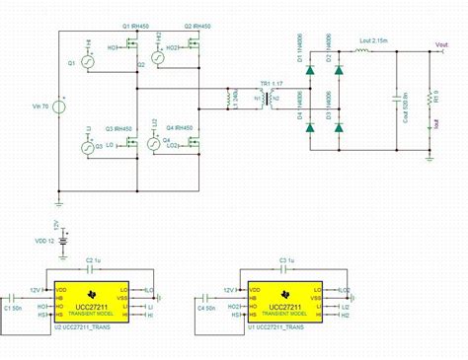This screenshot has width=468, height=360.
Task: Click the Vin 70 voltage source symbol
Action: (x=59, y=105)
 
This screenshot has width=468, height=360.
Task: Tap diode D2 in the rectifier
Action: (x=341, y=70)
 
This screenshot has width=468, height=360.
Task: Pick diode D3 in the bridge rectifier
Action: (x=341, y=126)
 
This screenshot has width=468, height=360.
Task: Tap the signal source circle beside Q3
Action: (x=86, y=147)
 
